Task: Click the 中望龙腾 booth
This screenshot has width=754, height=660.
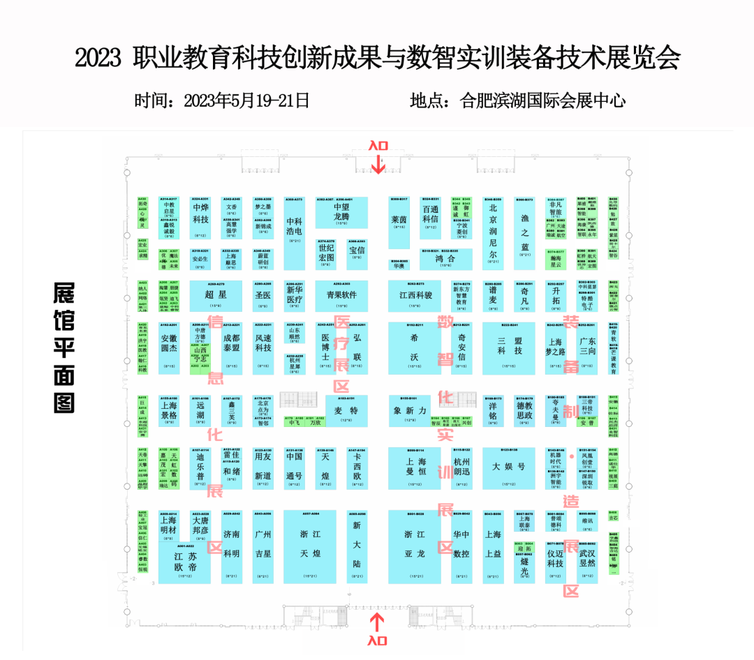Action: pos(341,212)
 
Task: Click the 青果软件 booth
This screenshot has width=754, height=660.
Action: pos(341,295)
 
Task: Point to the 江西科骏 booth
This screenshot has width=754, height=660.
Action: pos(415,295)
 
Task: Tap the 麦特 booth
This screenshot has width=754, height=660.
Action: pos(346,411)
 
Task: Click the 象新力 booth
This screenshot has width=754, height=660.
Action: pos(410,411)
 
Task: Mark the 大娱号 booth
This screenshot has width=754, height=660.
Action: pos(509,467)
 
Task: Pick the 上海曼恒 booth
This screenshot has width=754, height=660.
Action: pos(415,467)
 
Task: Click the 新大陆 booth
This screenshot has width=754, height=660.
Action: pos(357,546)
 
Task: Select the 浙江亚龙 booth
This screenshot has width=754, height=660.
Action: pos(415,546)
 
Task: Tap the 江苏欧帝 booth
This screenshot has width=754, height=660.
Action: pos(185,562)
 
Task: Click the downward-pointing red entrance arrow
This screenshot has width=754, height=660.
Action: pos(378,165)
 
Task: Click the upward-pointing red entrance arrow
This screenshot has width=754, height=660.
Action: pos(378,620)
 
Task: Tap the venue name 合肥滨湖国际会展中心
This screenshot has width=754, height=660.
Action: pos(543,100)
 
